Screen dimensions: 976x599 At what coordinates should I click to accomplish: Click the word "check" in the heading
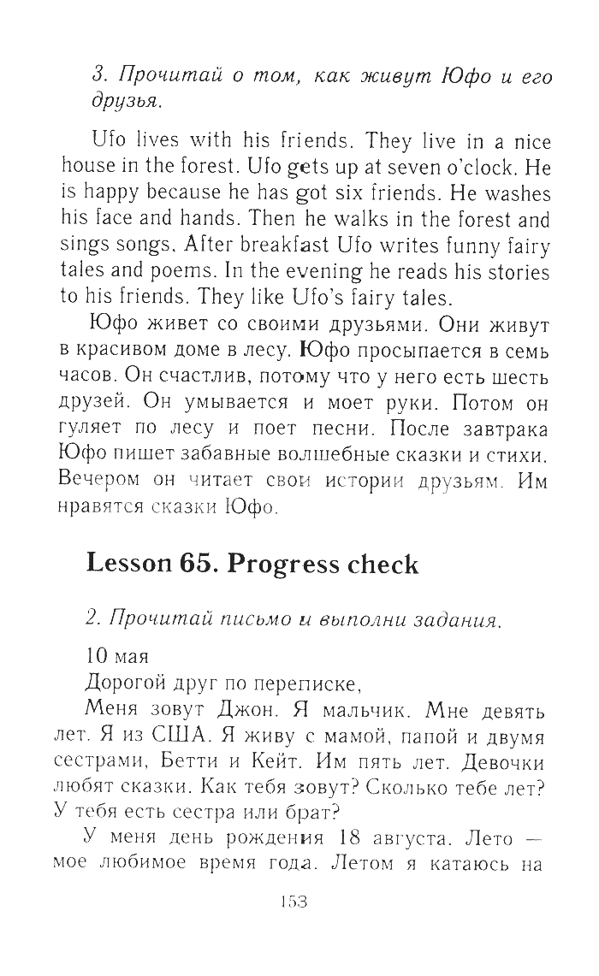coord(377,565)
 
